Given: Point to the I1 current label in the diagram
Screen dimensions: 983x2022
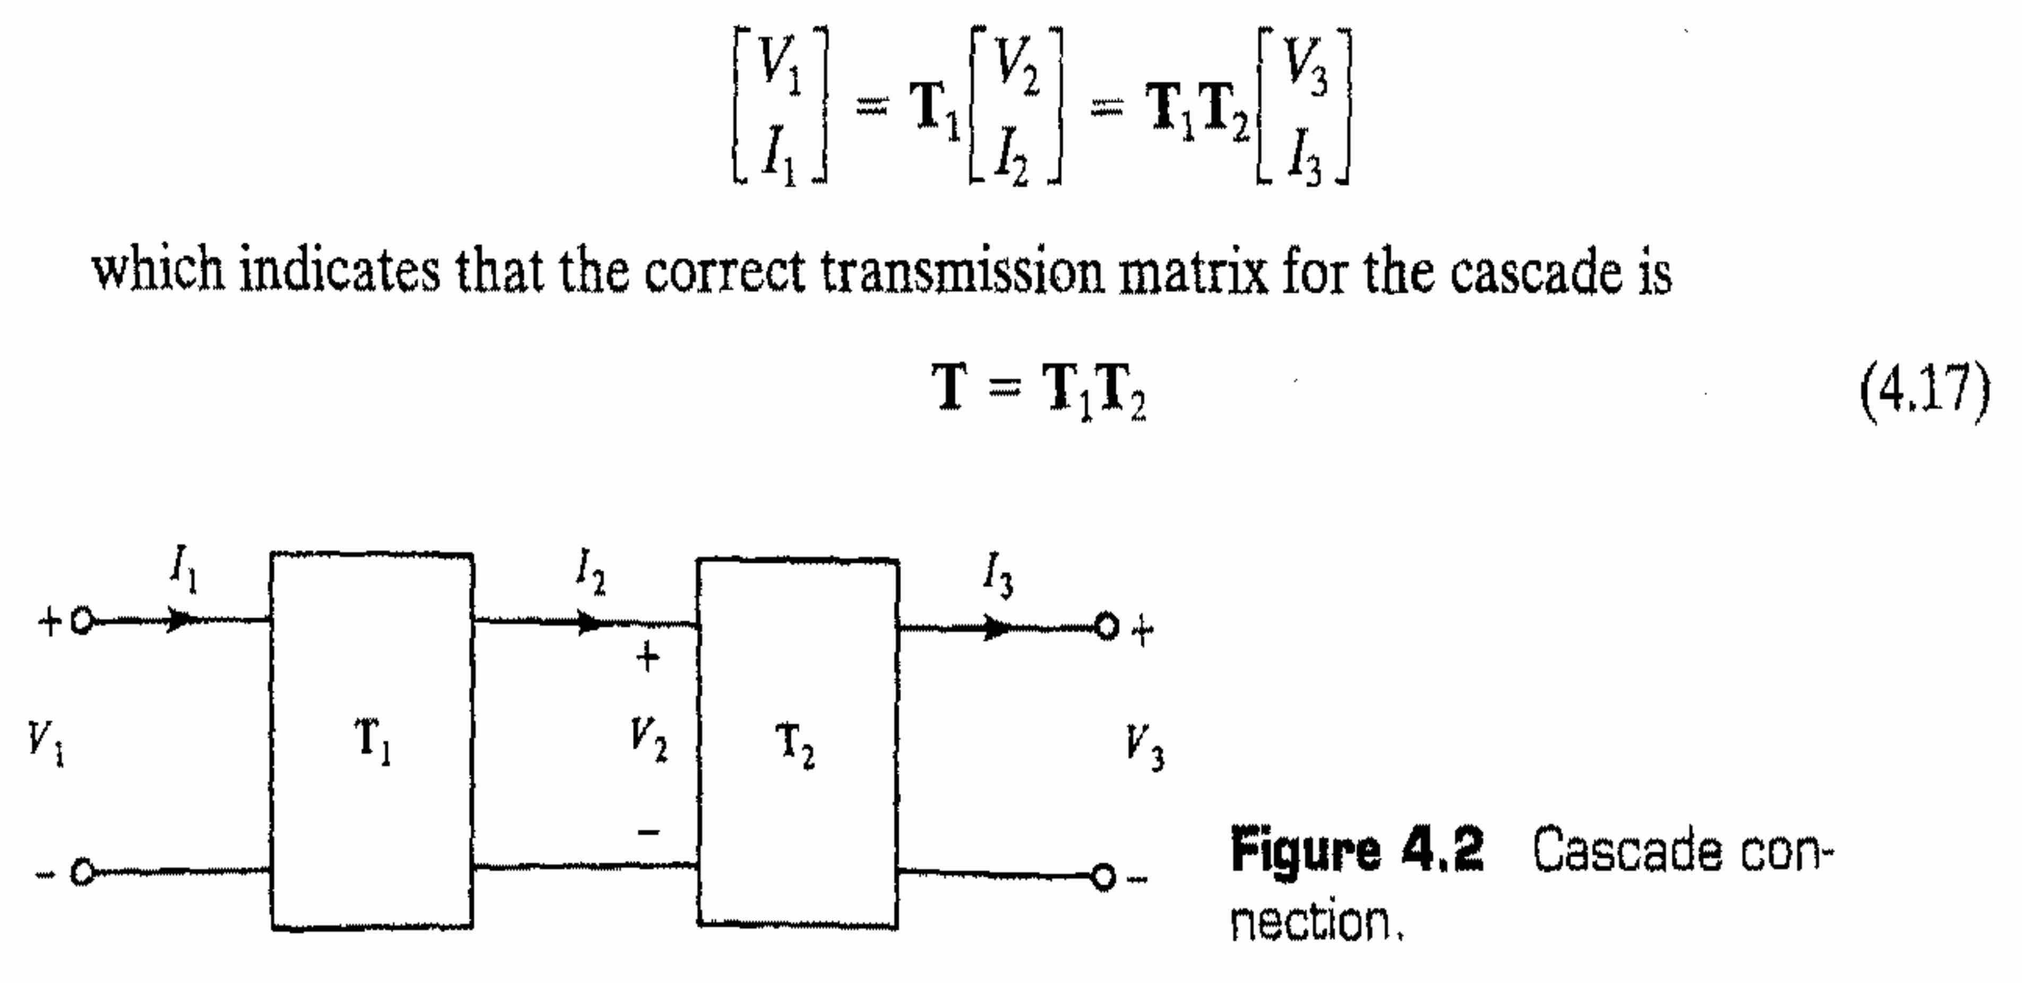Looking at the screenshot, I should point(184,571).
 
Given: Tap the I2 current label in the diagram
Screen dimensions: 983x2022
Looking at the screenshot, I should point(591,574).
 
